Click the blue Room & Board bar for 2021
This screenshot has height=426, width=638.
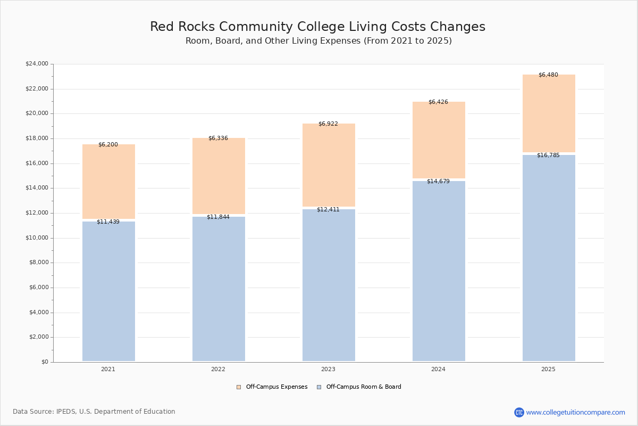click(x=108, y=291)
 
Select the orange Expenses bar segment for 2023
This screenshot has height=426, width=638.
click(x=329, y=165)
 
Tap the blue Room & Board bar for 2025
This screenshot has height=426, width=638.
click(x=549, y=258)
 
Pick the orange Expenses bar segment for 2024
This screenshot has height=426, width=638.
click(x=439, y=140)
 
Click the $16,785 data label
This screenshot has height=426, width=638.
click(x=548, y=155)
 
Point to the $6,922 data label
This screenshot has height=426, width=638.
click(x=328, y=124)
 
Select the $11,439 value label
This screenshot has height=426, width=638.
click(x=108, y=222)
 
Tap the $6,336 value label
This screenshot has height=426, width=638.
click(x=218, y=138)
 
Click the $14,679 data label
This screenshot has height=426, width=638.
click(x=438, y=182)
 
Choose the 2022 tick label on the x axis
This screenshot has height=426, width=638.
click(x=218, y=370)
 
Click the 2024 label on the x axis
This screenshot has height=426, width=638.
click(x=438, y=370)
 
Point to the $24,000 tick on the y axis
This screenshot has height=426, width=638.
click(x=37, y=64)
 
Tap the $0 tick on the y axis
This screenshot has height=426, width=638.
click(x=44, y=362)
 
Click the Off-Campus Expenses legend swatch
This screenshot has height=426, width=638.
click(x=239, y=387)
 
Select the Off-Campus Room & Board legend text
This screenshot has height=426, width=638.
click(x=364, y=387)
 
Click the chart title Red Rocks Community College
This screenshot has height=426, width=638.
click(x=317, y=27)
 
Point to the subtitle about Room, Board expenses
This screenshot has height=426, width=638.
click(x=318, y=41)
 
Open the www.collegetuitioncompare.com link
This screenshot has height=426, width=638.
click(x=575, y=412)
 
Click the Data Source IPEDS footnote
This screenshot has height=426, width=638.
click(x=94, y=412)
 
